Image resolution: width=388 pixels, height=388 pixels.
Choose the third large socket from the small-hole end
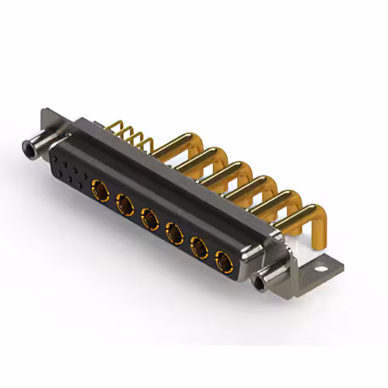tap(150, 219)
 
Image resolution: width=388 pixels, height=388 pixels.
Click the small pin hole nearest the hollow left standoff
tap(56, 159)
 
